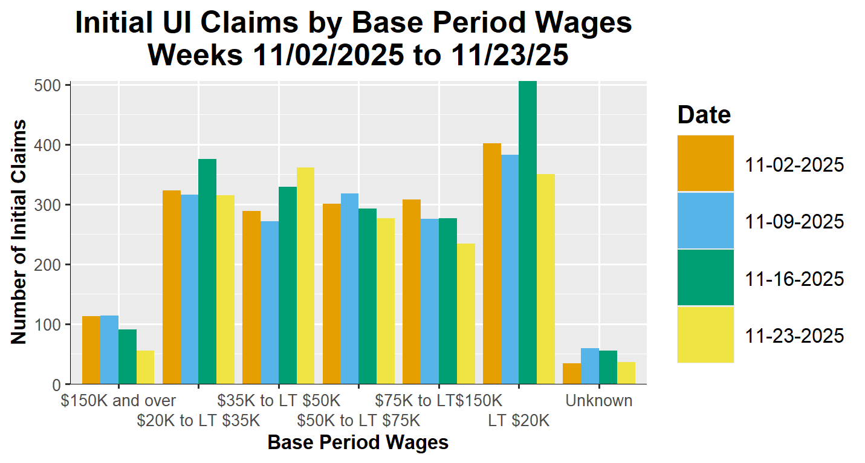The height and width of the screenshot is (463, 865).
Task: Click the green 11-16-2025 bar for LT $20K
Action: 528,233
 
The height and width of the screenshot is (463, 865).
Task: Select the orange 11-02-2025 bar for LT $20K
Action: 492,264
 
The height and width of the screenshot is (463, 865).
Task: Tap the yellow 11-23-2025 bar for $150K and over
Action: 145,367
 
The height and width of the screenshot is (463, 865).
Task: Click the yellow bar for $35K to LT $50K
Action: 305,276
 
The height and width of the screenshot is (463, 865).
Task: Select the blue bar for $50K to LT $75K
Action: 349,288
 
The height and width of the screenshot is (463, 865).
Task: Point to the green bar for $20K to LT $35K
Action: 207,271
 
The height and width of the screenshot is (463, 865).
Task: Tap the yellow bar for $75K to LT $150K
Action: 465,314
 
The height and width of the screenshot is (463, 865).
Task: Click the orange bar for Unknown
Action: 572,374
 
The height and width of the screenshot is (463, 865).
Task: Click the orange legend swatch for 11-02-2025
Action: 705,163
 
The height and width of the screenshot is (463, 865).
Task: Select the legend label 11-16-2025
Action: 795,279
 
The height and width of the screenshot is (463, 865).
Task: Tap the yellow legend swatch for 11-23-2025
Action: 705,334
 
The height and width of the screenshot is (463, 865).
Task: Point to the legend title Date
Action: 704,114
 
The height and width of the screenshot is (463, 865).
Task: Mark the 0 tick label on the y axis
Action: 56,384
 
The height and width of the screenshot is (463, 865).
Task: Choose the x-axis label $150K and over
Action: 118,400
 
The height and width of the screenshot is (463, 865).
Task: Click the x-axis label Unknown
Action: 598,400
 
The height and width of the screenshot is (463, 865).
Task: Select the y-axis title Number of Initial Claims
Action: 19,232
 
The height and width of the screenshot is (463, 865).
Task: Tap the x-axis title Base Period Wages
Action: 358,442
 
